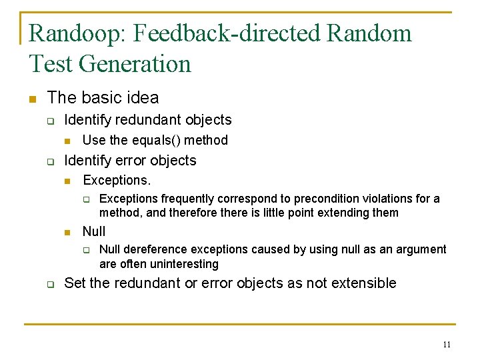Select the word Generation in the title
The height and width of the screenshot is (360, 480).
pyautogui.click(x=135, y=64)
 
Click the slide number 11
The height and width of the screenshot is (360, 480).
pyautogui.click(x=446, y=345)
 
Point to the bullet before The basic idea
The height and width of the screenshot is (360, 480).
pyautogui.click(x=32, y=99)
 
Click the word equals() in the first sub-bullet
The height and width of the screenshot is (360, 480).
pyautogui.click(x=153, y=140)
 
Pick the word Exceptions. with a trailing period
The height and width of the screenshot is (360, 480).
pyautogui.click(x=117, y=180)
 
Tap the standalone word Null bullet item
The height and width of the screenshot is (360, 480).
pyautogui.click(x=94, y=231)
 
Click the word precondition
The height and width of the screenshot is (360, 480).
pyautogui.click(x=313, y=199)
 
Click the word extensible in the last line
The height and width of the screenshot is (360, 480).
pyautogui.click(x=363, y=283)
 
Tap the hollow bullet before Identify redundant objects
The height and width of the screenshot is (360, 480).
pyautogui.click(x=50, y=121)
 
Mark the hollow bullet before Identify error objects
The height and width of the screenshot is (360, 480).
pyautogui.click(x=50, y=161)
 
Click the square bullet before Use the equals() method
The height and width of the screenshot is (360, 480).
pyautogui.click(x=67, y=141)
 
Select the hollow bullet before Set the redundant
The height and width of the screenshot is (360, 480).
pyautogui.click(x=50, y=284)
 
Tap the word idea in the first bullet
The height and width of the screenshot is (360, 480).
pyautogui.click(x=143, y=98)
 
